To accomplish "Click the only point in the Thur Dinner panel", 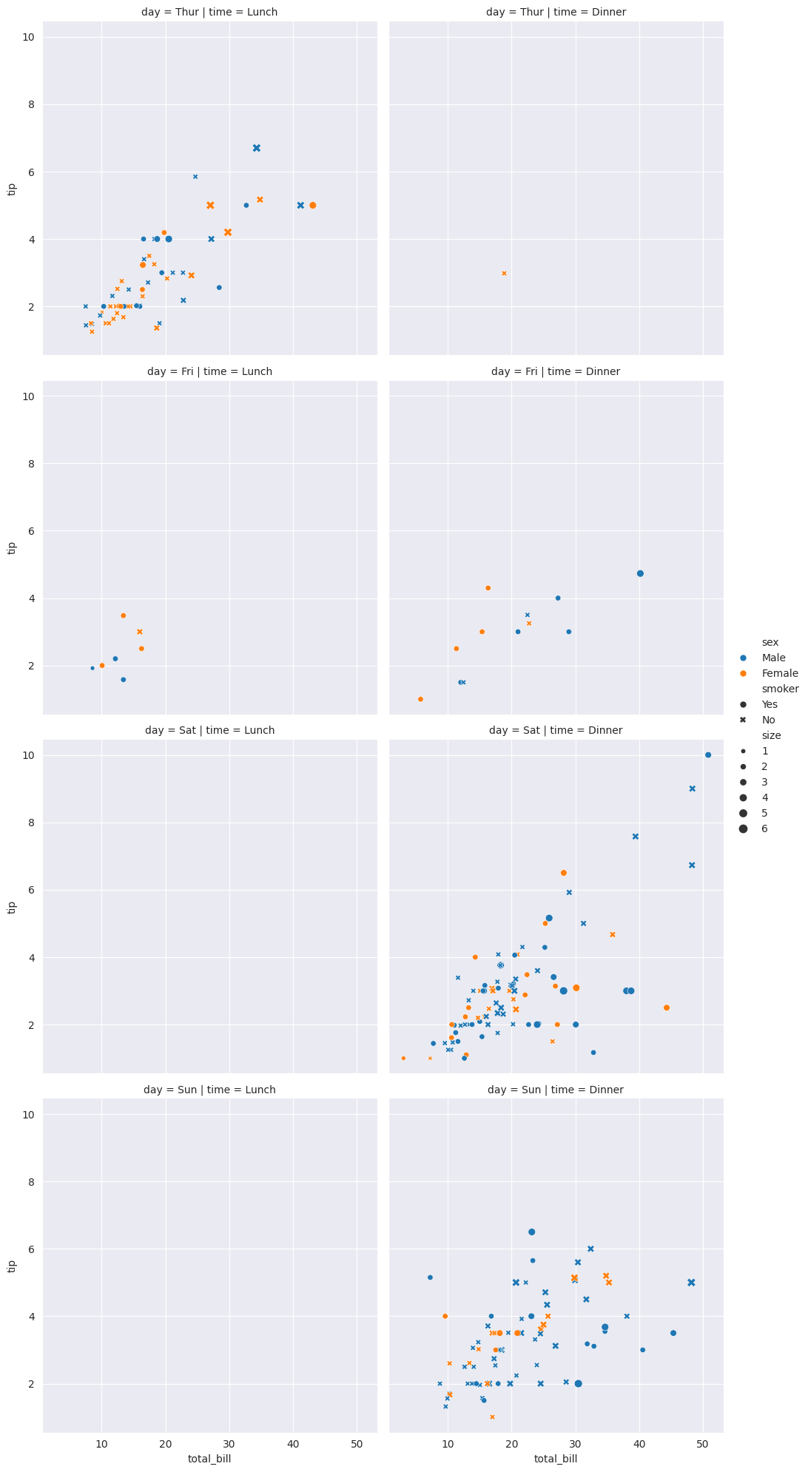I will point(505,274).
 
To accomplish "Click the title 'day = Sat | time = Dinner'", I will point(556,731).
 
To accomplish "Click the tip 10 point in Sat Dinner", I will point(708,755).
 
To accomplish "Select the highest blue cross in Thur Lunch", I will point(257,148).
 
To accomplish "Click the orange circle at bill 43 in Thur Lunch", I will point(312,206).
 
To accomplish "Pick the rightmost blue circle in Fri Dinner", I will point(640,573).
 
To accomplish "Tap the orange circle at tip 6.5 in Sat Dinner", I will point(564,873).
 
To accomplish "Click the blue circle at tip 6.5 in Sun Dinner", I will point(531,1232).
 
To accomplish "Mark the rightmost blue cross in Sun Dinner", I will point(691,1283).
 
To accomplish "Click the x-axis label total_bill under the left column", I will point(210,1459).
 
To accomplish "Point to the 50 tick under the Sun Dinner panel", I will point(703,1443).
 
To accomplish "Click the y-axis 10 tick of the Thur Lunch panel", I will point(28,38).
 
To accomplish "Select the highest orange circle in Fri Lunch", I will point(124,615).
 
